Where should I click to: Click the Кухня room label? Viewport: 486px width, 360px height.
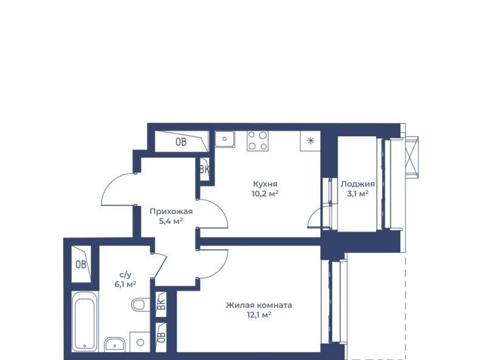pyautogui.click(x=265, y=184)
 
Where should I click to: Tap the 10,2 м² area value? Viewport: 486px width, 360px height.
pyautogui.click(x=265, y=194)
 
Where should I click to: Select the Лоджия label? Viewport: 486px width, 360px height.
pyautogui.click(x=358, y=184)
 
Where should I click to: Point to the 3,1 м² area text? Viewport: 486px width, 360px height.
pyautogui.click(x=358, y=194)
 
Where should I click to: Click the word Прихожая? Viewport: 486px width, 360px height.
pyautogui.click(x=171, y=212)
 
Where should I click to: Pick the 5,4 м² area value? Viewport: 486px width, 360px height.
pyautogui.click(x=171, y=221)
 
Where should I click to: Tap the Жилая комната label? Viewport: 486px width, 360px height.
pyautogui.click(x=259, y=305)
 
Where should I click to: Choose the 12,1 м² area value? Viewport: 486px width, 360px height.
pyautogui.click(x=259, y=315)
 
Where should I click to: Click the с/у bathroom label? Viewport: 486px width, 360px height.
pyautogui.click(x=126, y=275)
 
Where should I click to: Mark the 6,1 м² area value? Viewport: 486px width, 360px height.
pyautogui.click(x=126, y=284)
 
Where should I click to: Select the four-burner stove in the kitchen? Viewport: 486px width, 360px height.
pyautogui.click(x=258, y=141)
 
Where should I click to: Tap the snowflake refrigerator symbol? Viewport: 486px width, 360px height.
pyautogui.click(x=310, y=141)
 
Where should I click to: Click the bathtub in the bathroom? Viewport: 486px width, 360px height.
pyautogui.click(x=84, y=321)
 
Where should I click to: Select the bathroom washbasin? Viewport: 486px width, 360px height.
pyautogui.click(x=115, y=344)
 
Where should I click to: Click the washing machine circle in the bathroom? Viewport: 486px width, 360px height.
pyautogui.click(x=140, y=342)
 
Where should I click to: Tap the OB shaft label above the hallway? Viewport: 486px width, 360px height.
pyautogui.click(x=181, y=142)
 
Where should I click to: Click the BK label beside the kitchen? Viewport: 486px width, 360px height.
pyautogui.click(x=205, y=170)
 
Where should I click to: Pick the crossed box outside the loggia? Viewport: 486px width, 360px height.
pyautogui.click(x=412, y=157)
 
